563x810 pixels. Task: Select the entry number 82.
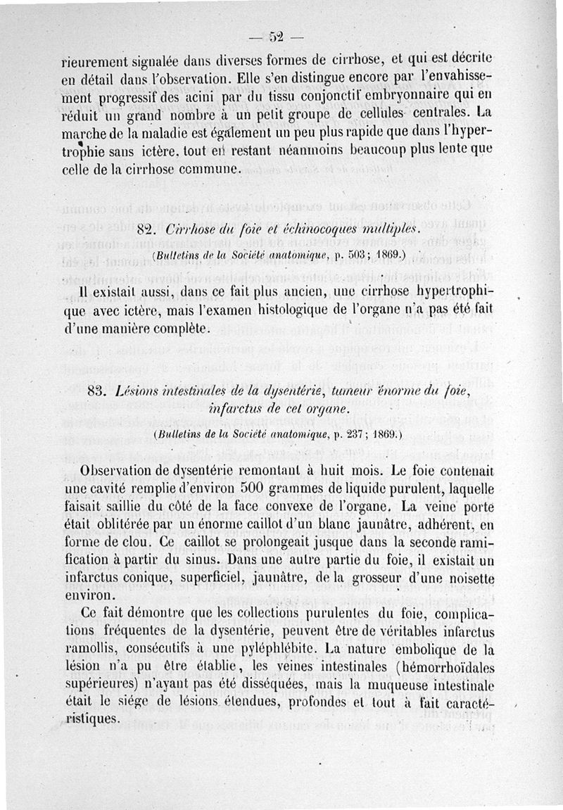pos(146,230)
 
